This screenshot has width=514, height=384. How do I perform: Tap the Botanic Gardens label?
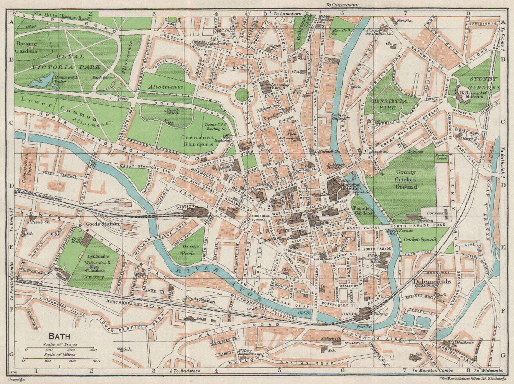27,47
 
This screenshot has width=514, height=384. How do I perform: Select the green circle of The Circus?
241,95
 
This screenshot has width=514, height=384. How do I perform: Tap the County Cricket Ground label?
406,179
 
